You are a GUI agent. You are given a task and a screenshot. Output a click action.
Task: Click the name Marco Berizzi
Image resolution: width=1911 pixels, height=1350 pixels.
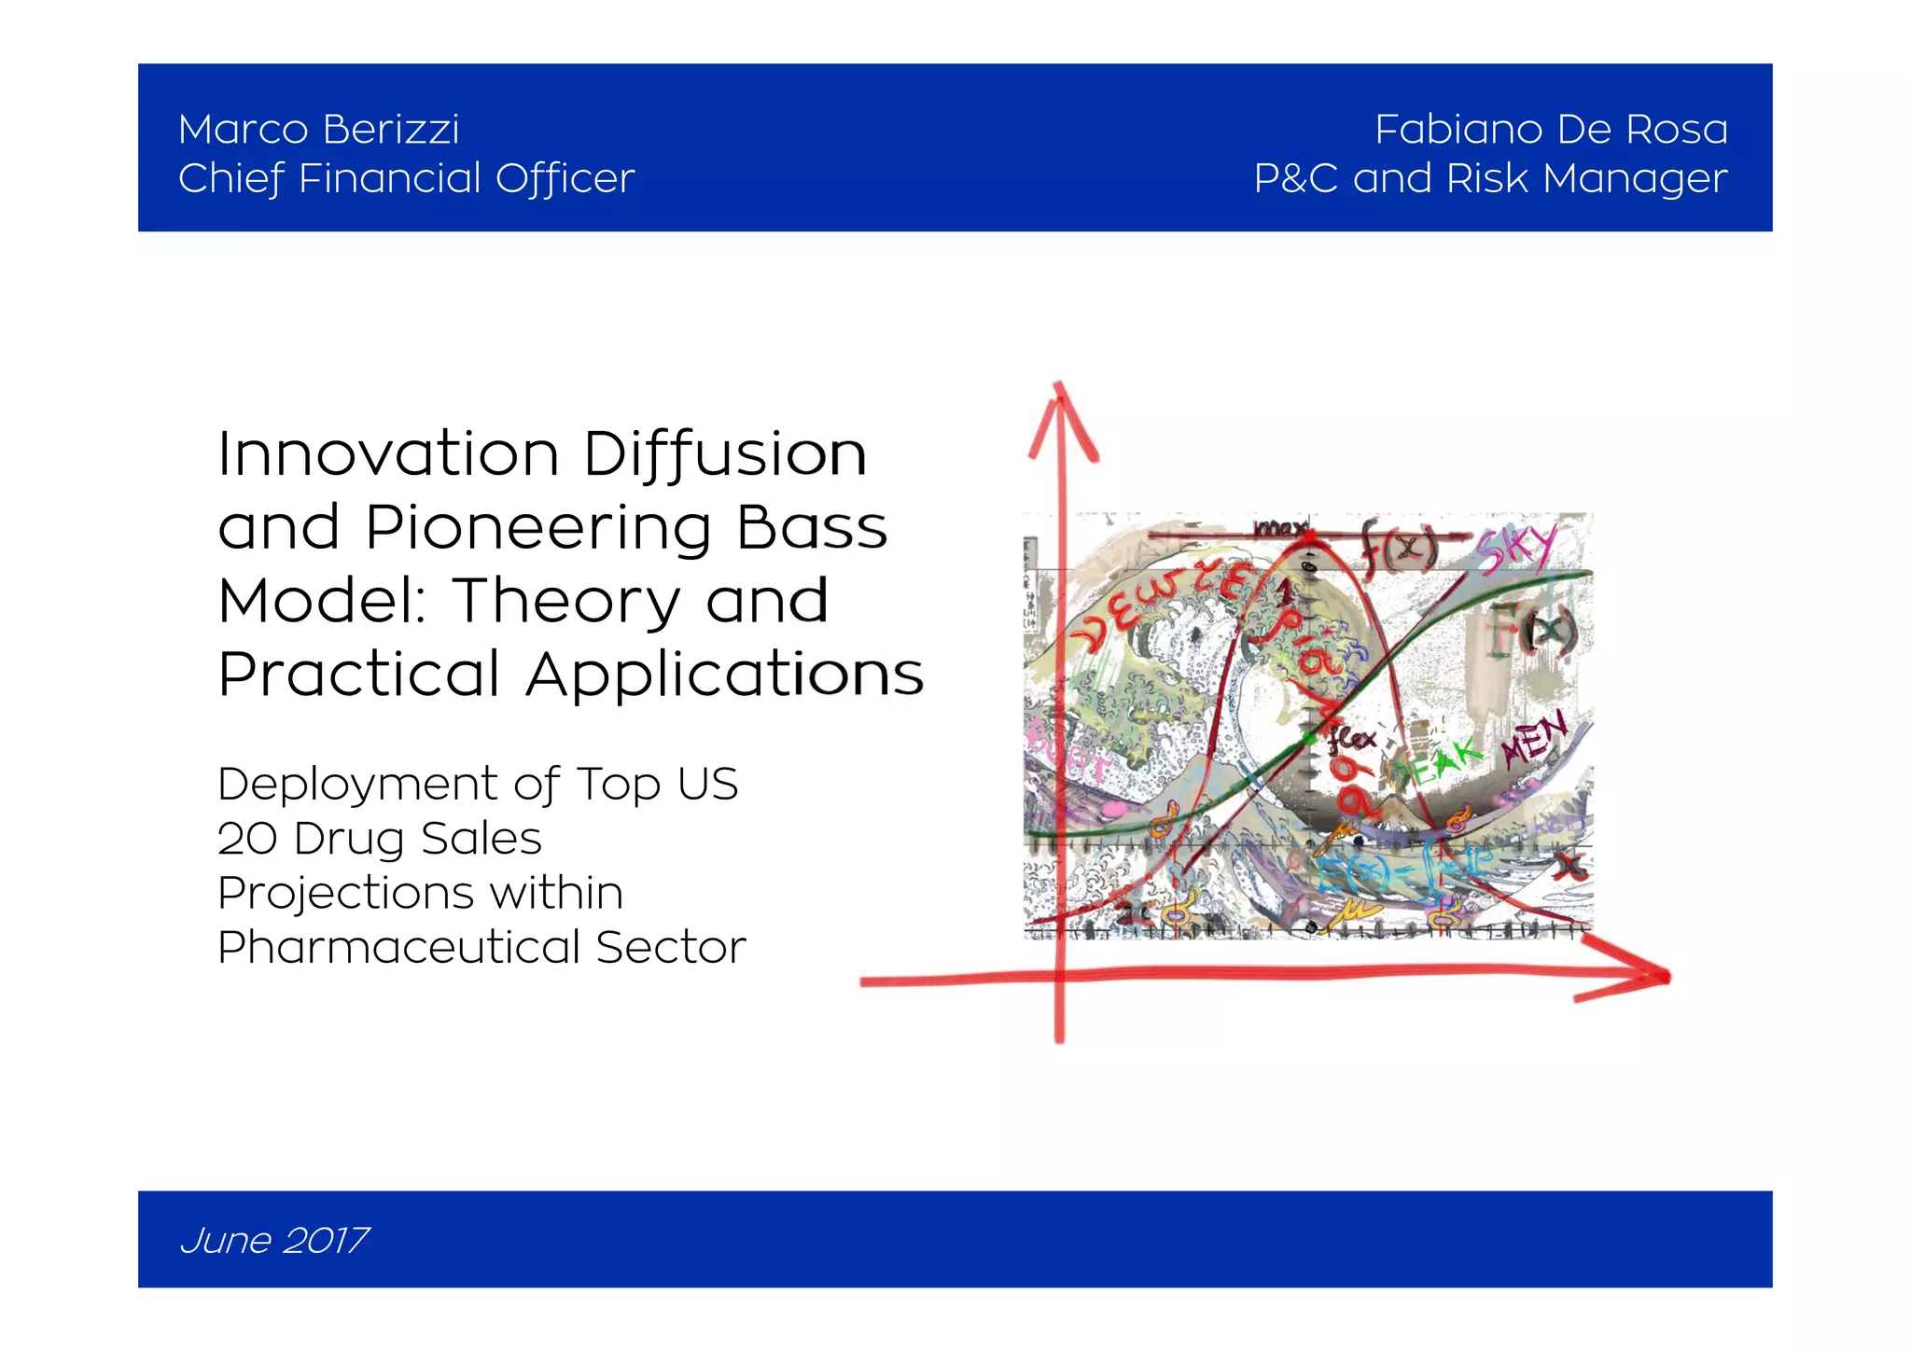pyautogui.click(x=318, y=130)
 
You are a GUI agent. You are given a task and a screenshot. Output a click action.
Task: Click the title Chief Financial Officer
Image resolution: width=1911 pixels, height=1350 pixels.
pyautogui.click(x=406, y=178)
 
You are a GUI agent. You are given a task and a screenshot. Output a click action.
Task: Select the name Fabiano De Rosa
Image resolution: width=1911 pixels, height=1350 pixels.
pyautogui.click(x=1550, y=130)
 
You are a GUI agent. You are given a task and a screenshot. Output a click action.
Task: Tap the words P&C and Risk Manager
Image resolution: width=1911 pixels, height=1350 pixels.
pyautogui.click(x=1489, y=178)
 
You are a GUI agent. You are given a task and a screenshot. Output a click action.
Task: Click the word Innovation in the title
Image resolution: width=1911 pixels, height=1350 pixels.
pyautogui.click(x=388, y=454)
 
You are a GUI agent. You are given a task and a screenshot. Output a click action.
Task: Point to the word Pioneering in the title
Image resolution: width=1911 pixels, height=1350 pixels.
pyautogui.click(x=537, y=528)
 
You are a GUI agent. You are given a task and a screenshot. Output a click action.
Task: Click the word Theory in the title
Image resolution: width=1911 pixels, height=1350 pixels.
pyautogui.click(x=567, y=601)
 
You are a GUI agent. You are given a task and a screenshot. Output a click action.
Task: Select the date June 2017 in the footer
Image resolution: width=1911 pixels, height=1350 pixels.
pyautogui.click(x=273, y=1240)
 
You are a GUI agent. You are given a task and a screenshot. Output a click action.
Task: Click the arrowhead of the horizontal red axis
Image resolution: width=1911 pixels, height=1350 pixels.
pyautogui.click(x=1642, y=977)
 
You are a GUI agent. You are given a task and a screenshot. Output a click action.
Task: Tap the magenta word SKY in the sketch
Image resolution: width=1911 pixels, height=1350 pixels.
pyautogui.click(x=1516, y=549)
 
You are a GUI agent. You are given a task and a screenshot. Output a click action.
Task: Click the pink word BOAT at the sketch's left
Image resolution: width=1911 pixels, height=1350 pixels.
pyautogui.click(x=1064, y=756)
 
